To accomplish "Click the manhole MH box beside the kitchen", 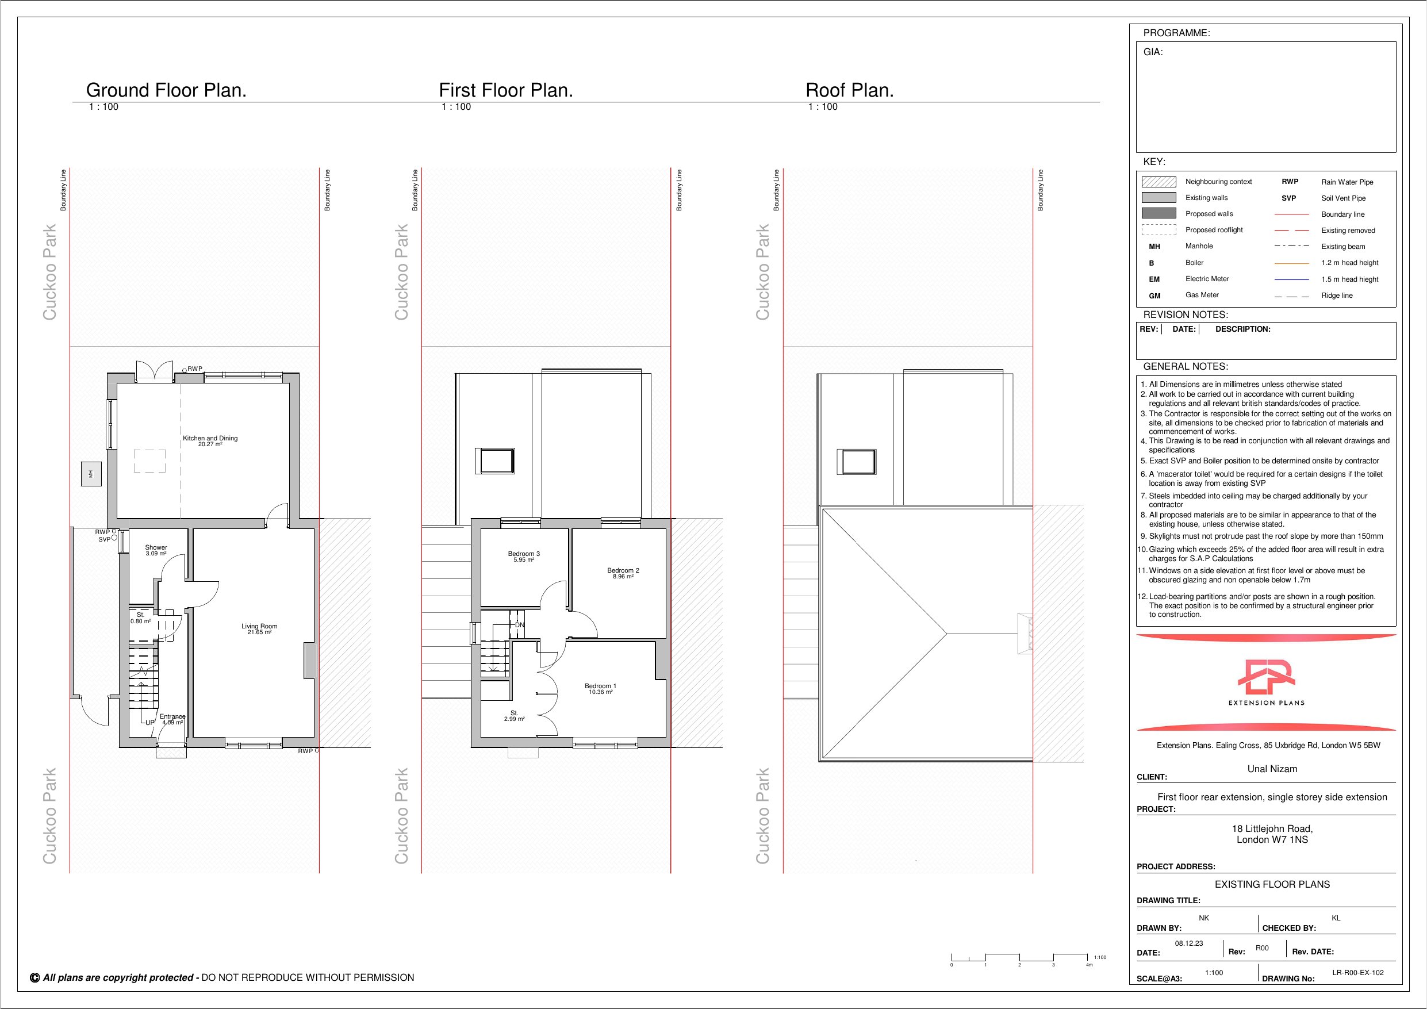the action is click(91, 474).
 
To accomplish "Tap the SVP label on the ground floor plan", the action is click(104, 540).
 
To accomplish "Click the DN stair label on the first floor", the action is click(520, 625).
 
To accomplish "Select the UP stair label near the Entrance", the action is click(150, 723).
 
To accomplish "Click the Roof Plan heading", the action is click(850, 90).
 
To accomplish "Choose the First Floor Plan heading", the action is click(506, 90).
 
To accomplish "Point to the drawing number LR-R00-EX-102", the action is click(1358, 972).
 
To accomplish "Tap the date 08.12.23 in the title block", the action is click(1189, 943).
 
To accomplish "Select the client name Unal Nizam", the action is click(1272, 769).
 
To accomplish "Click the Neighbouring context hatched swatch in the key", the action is click(1159, 182).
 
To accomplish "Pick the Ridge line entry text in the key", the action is click(1337, 296).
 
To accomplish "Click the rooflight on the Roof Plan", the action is click(857, 461).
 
